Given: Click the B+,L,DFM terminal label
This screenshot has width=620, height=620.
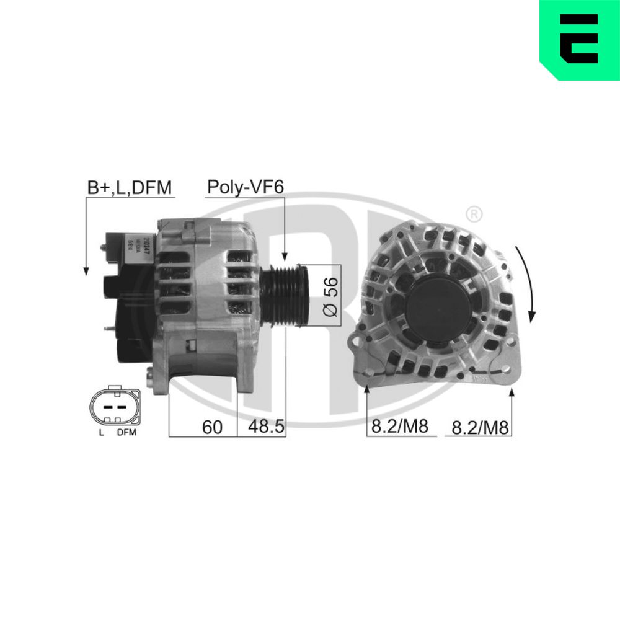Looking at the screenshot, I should pyautogui.click(x=129, y=188).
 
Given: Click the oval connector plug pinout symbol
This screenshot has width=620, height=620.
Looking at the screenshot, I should pyautogui.click(x=116, y=407).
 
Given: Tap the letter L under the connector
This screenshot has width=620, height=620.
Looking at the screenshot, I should pyautogui.click(x=100, y=433).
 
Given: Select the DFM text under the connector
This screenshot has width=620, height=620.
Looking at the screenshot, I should pyautogui.click(x=126, y=433).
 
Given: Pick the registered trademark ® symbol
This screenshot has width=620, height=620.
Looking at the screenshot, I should pyautogui.click(x=472, y=215).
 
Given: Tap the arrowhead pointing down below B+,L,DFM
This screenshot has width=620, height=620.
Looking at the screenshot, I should pyautogui.click(x=86, y=270).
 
